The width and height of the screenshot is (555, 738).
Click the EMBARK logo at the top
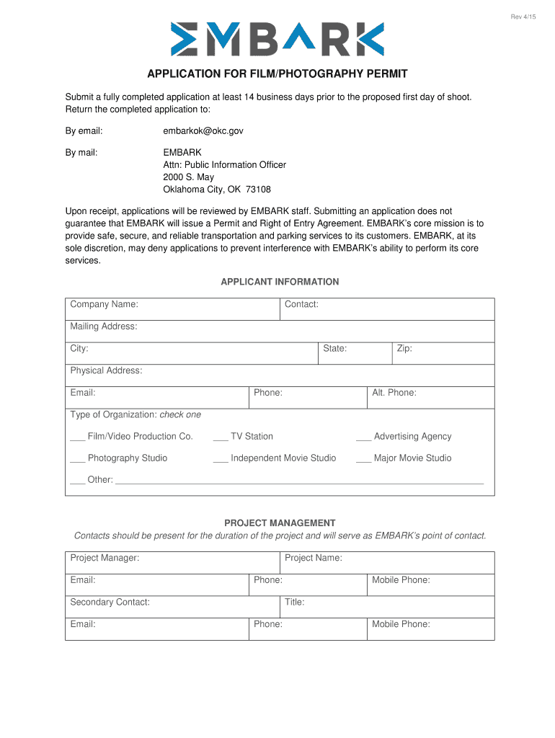pos(277,39)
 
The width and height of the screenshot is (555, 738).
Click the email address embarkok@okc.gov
pos(203,130)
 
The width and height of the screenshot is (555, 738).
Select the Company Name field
pos(209,310)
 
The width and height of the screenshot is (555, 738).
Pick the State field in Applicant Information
pos(368,354)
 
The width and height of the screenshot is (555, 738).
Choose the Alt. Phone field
pos(454,398)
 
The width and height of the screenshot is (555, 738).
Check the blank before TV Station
pos(221,437)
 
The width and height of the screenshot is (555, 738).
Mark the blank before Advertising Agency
pos(363,437)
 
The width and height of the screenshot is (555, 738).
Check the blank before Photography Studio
pos(77,458)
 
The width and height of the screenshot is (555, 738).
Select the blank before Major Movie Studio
pos(363,458)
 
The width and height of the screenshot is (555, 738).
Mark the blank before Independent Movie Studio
pos(221,458)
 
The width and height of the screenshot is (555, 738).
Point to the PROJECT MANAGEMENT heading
pos(280,523)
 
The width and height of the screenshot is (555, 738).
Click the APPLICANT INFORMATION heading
pos(280,282)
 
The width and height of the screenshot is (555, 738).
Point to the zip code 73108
pos(258,190)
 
